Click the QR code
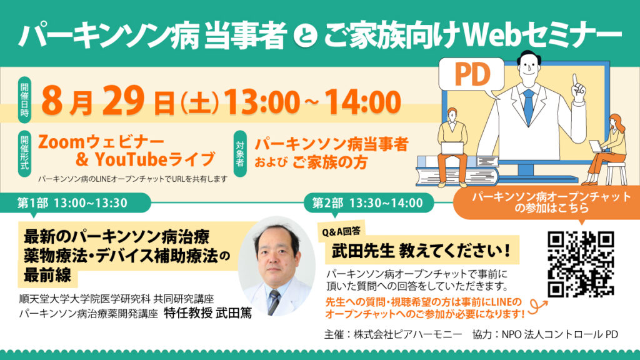point(581,264)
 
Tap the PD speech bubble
point(471,75)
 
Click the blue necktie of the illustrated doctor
point(528,107)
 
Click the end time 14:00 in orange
point(362,102)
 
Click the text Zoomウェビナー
point(101,142)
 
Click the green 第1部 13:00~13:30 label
point(72,203)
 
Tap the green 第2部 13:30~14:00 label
point(367,203)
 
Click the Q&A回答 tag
point(341,232)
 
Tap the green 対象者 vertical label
point(240,154)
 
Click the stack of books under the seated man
point(457,171)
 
